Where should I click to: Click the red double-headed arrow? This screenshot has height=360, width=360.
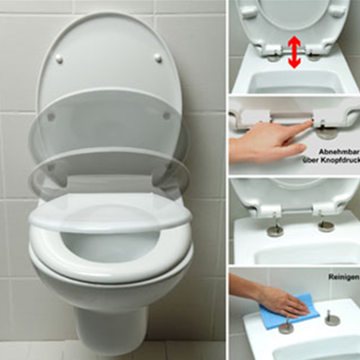(295, 52)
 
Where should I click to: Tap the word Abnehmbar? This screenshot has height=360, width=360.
(338, 152)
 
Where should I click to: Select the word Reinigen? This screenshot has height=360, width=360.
(344, 277)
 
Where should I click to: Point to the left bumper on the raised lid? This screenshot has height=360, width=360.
(59, 59)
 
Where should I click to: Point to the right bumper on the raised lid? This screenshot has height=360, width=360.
(158, 58)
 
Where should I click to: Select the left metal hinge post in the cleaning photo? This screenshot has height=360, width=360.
(286, 325)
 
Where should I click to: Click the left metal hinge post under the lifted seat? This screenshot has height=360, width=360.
(275, 228)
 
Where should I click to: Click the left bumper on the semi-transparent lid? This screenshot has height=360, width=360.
(51, 116)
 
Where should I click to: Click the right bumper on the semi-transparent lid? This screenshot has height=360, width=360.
(167, 115)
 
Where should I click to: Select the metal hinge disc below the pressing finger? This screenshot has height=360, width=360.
(327, 133)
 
